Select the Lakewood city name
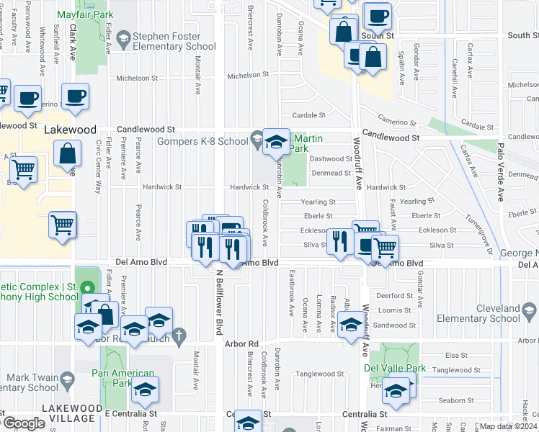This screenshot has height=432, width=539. [x=70, y=130]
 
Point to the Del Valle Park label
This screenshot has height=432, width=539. [x=396, y=369]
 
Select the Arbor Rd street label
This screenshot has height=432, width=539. [x=241, y=344]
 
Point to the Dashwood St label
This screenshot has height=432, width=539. [x=330, y=159]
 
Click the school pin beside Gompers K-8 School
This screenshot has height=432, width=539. [x=275, y=141]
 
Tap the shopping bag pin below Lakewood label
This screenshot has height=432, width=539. [x=66, y=154]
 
